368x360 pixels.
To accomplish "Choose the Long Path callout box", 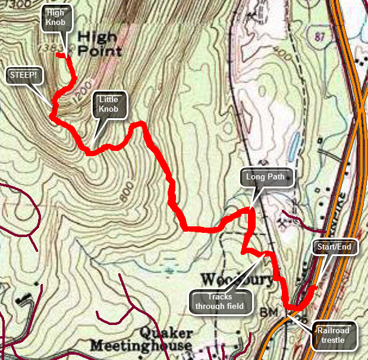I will [267, 177].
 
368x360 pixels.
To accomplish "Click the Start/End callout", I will [335, 247].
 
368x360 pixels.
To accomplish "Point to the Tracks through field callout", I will [221, 301].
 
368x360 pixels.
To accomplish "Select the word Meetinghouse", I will [141, 346].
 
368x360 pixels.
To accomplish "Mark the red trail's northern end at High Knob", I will [58, 55].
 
